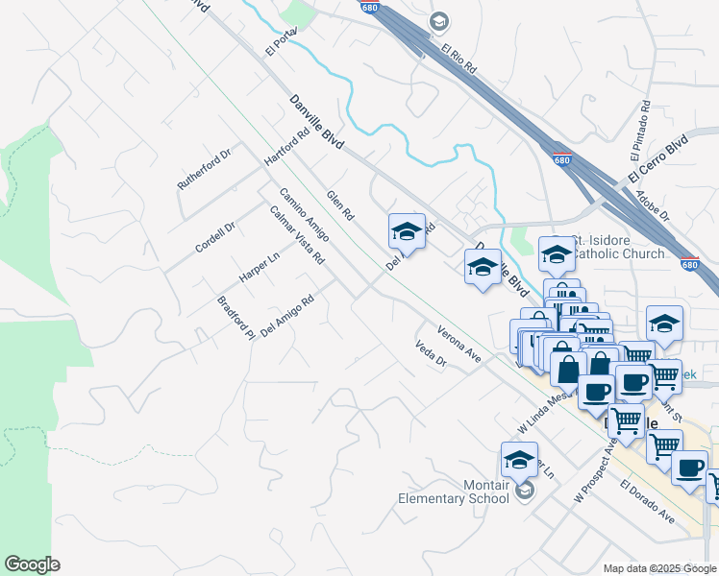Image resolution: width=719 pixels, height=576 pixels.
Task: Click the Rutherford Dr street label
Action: pos(205,168)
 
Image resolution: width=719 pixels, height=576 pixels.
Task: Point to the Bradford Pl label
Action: pos(236,318)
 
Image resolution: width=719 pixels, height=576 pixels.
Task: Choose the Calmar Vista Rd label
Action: pos(296,235)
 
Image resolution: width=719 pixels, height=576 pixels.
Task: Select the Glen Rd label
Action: pos(341,204)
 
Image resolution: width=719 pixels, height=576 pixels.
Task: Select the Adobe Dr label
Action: pos(654,204)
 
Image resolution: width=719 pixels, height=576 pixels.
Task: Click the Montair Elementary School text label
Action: pos(455,492)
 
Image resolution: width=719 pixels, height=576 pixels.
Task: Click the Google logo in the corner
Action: pos(32,564)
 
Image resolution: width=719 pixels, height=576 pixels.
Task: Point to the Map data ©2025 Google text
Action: pos(659,568)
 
